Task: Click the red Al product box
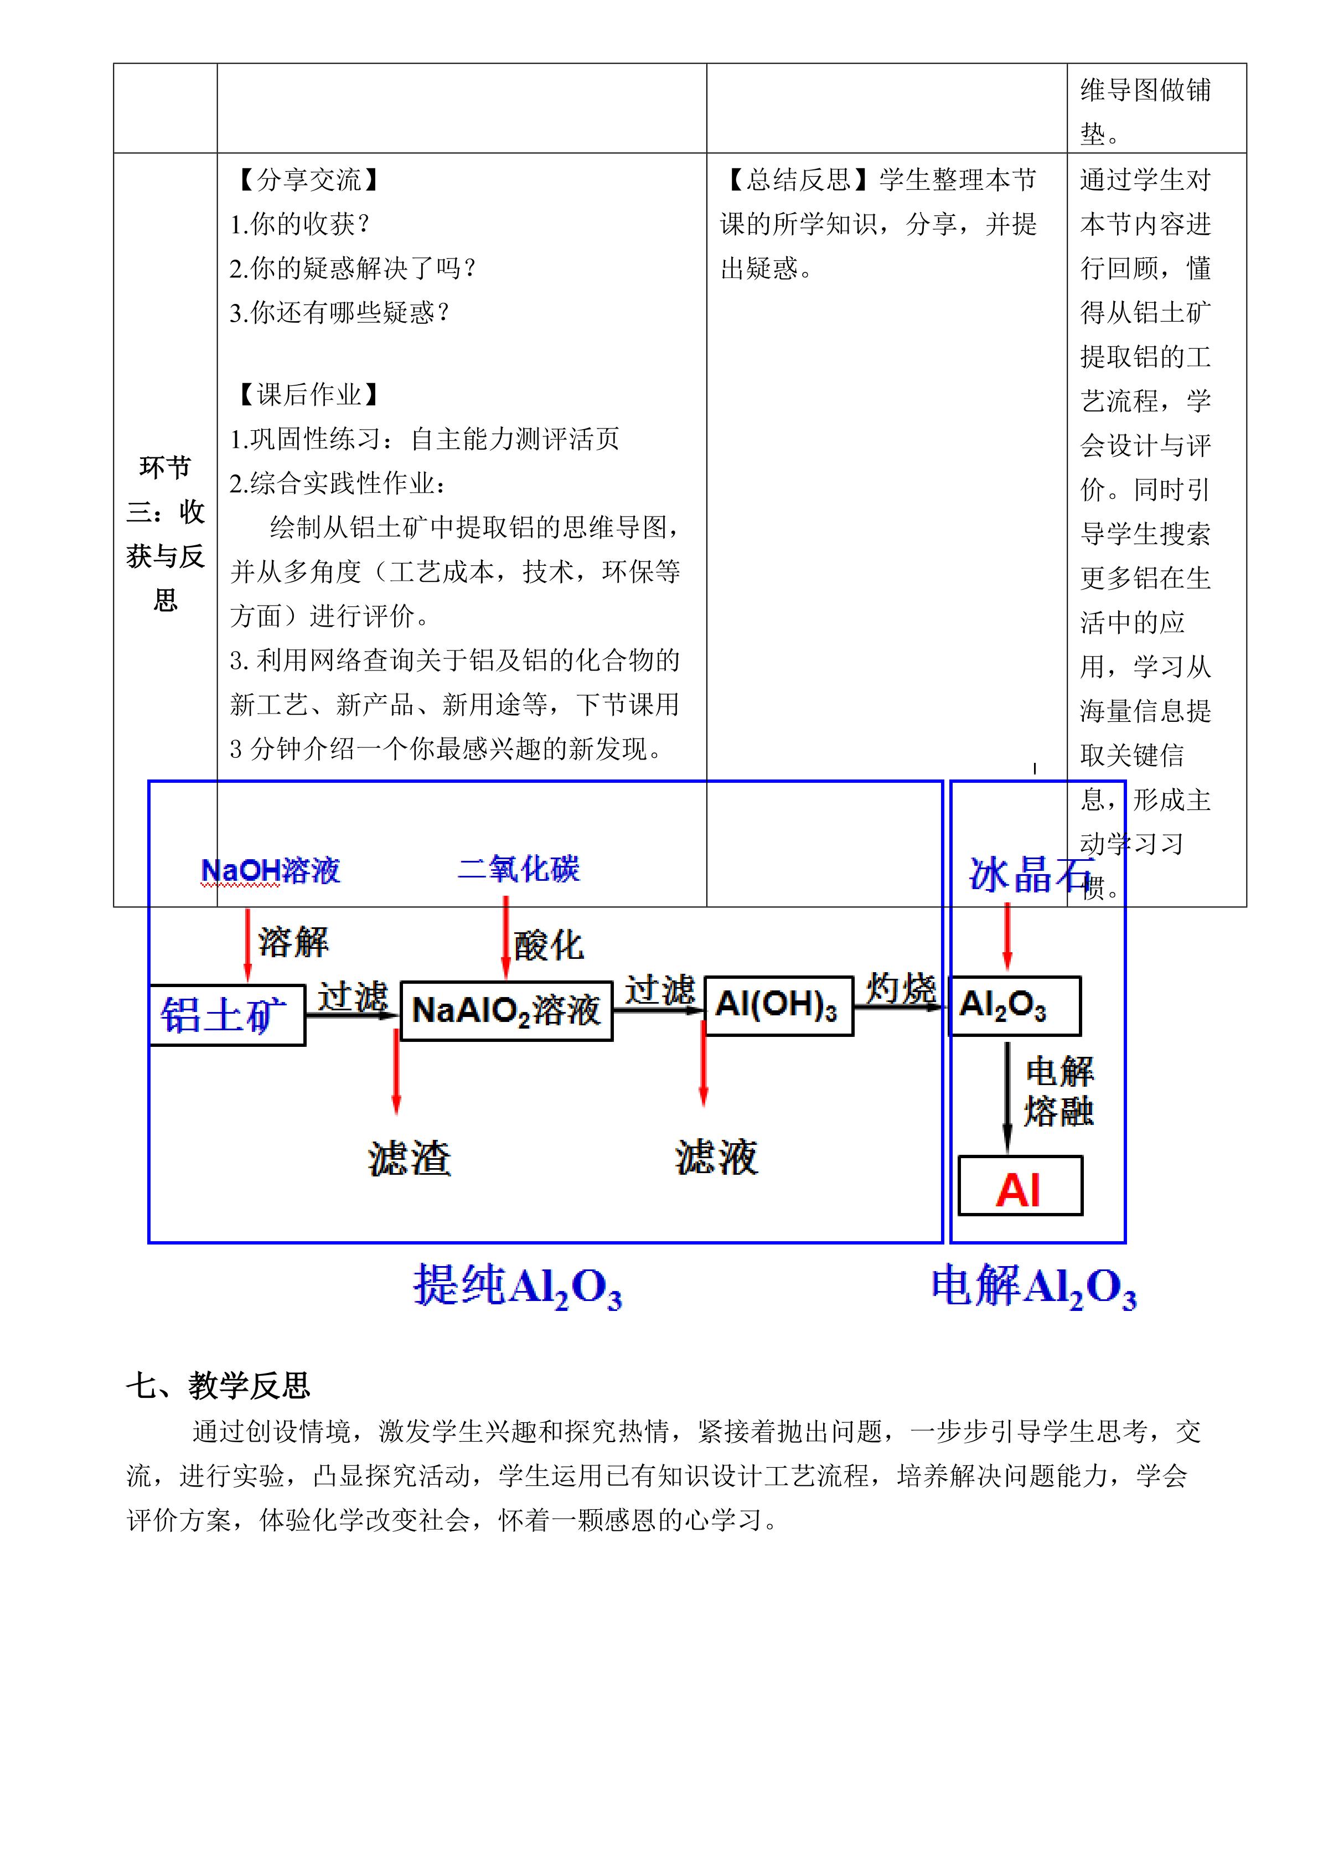[1020, 1191]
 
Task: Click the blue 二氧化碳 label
[519, 869]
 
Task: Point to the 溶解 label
[293, 942]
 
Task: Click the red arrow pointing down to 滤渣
[396, 1072]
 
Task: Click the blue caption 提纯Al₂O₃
[517, 1287]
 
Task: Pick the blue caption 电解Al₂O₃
[1033, 1287]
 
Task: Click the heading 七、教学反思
[218, 1385]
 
